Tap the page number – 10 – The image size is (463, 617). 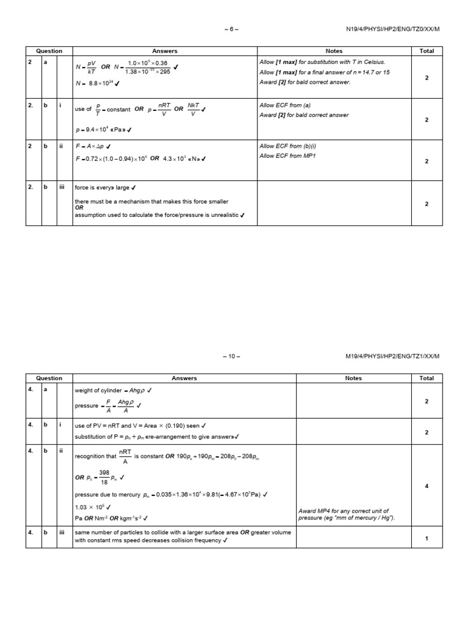[232, 356]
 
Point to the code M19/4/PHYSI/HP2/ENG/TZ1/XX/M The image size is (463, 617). [391, 356]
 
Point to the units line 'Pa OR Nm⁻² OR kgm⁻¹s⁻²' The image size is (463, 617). [111, 518]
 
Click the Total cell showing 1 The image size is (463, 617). [426, 538]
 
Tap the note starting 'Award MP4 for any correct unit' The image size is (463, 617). [344, 515]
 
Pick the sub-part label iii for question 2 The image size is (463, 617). [61, 187]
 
